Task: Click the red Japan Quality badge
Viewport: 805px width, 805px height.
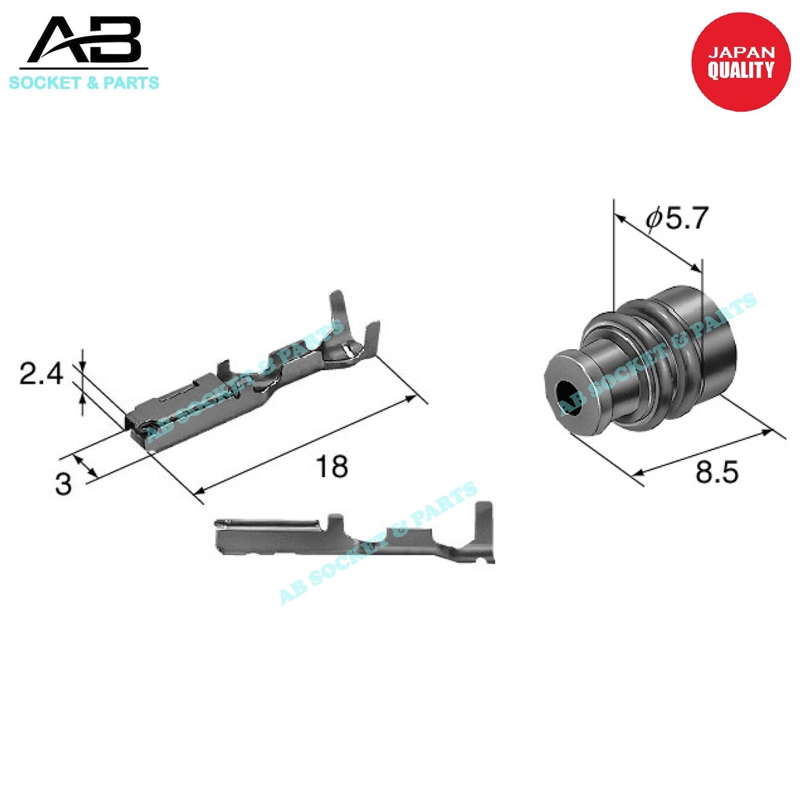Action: (x=741, y=61)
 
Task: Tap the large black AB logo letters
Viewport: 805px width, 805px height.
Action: (x=84, y=40)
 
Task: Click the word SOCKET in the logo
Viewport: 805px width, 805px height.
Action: (x=45, y=83)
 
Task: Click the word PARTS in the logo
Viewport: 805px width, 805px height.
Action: (x=131, y=83)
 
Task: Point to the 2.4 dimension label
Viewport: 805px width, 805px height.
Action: (x=41, y=373)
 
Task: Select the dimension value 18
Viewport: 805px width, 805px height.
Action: (x=332, y=467)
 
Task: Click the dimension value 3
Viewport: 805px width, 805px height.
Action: (x=63, y=484)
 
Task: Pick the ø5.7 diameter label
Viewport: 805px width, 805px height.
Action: (x=677, y=219)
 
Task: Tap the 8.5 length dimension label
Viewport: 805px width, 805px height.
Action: (x=717, y=472)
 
